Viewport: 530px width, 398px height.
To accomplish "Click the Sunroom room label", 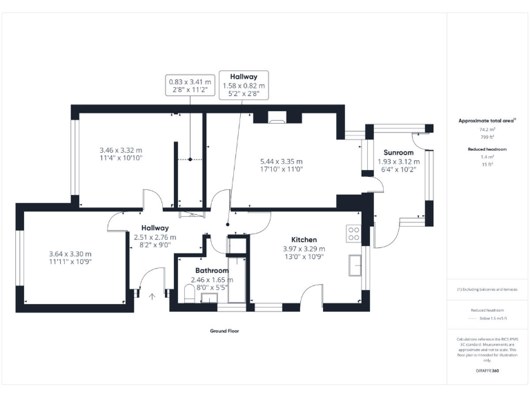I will coord(399,152).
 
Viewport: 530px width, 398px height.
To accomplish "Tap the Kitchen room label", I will coord(304,239).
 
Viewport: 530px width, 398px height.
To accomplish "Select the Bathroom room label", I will coord(212,270).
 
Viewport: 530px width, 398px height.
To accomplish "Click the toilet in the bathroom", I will coord(189,295).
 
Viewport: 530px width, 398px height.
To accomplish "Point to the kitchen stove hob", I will coord(353,234).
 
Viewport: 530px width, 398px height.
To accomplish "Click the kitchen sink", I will coord(357,264).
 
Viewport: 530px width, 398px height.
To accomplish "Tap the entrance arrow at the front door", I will coord(152,295).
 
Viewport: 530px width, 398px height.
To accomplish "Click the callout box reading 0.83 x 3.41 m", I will coord(190,86).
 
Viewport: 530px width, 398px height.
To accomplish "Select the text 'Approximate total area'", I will coord(487,121).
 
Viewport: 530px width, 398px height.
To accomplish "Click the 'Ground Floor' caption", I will coord(224,331).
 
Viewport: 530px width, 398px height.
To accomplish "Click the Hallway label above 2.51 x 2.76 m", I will coord(155,228).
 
